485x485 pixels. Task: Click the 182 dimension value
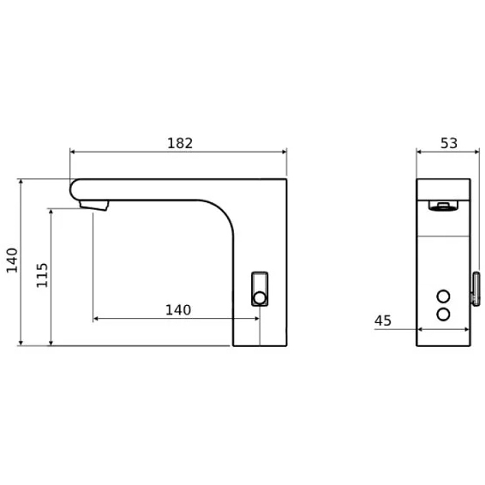[180, 143]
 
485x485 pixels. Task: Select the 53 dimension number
[448, 143]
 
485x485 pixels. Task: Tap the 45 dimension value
[383, 320]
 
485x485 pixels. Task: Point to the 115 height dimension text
[42, 275]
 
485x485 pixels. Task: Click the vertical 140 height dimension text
[12, 260]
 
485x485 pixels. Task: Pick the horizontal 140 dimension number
[178, 310]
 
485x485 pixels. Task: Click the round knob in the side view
[260, 298]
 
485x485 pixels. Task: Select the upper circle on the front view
[443, 296]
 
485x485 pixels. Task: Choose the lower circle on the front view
[443, 314]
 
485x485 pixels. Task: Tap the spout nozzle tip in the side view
[93, 205]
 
